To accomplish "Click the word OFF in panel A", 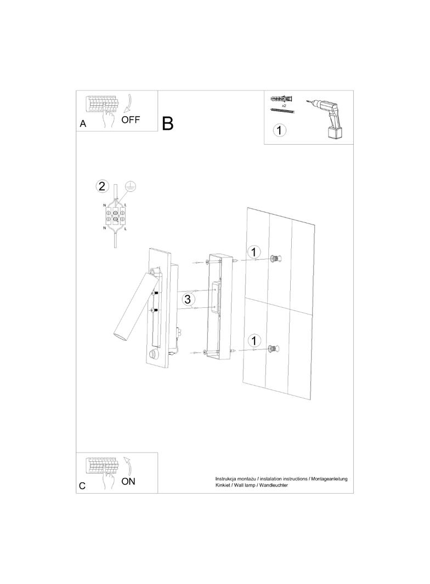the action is point(131,119).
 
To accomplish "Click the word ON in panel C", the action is point(128,481).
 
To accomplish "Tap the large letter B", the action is point(168,123).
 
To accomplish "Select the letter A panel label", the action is point(83,124).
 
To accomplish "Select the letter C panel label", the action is point(82,486).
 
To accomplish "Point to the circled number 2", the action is point(102,186).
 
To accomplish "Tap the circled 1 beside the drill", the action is point(280,130).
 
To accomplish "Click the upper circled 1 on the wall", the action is point(254,252).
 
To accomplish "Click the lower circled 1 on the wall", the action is point(254,341).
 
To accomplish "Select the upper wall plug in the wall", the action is point(275,259).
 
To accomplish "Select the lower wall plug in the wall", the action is point(274,349).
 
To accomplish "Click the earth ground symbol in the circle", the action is point(129,186).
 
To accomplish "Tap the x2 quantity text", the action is point(284,106).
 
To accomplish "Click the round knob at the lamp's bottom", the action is point(152,354).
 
